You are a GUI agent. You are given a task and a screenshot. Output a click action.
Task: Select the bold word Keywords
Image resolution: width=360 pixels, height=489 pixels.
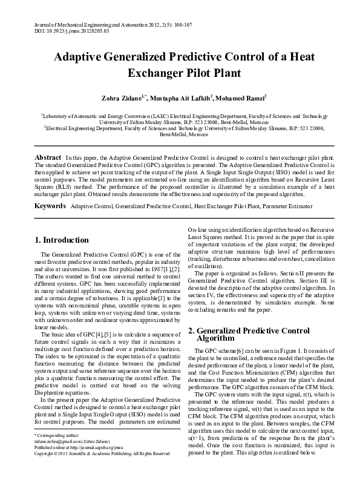(49, 206)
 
